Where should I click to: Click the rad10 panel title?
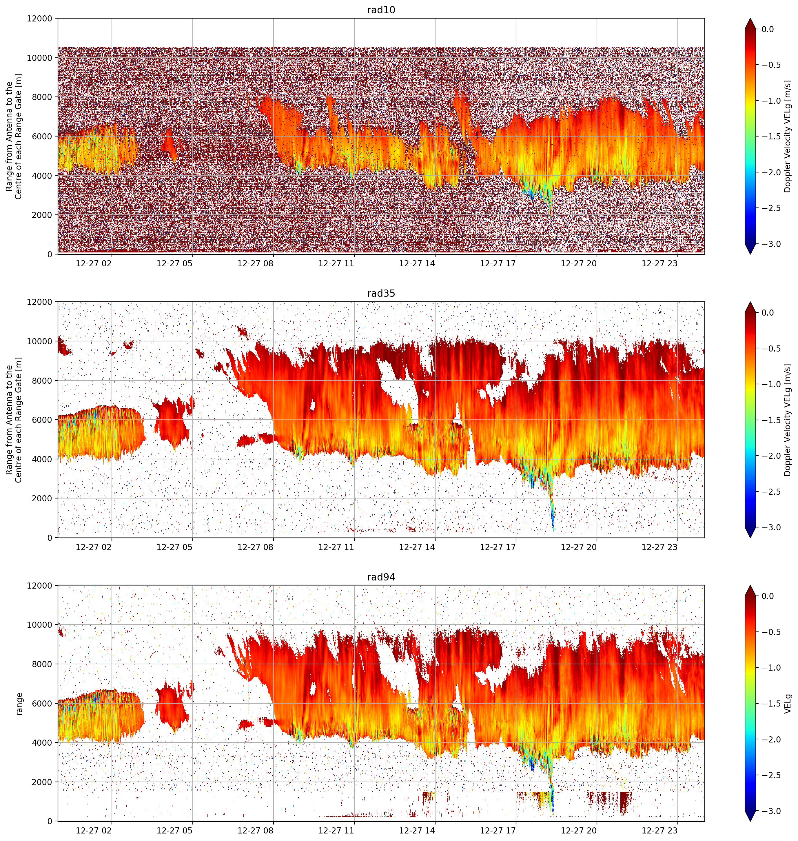(381, 10)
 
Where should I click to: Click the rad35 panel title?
(381, 294)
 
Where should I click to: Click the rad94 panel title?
(381, 577)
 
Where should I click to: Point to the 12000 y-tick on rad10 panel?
(40, 19)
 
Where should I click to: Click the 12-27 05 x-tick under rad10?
(174, 264)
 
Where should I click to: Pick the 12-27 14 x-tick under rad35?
(417, 547)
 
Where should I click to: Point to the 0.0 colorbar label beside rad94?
(768, 596)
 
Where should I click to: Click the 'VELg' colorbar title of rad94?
(788, 704)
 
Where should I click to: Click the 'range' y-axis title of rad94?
(19, 704)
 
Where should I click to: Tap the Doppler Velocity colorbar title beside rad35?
(788, 420)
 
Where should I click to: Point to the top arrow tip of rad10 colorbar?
(750, 18)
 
